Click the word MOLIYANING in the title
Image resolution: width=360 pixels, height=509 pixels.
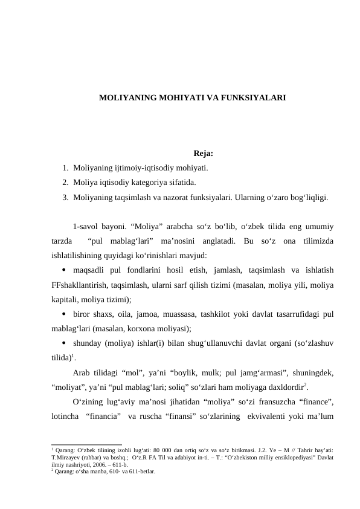[x=125, y=97]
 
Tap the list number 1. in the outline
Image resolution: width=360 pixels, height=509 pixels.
[x=65, y=167]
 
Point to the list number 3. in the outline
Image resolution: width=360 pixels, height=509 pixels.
[x=65, y=196]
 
